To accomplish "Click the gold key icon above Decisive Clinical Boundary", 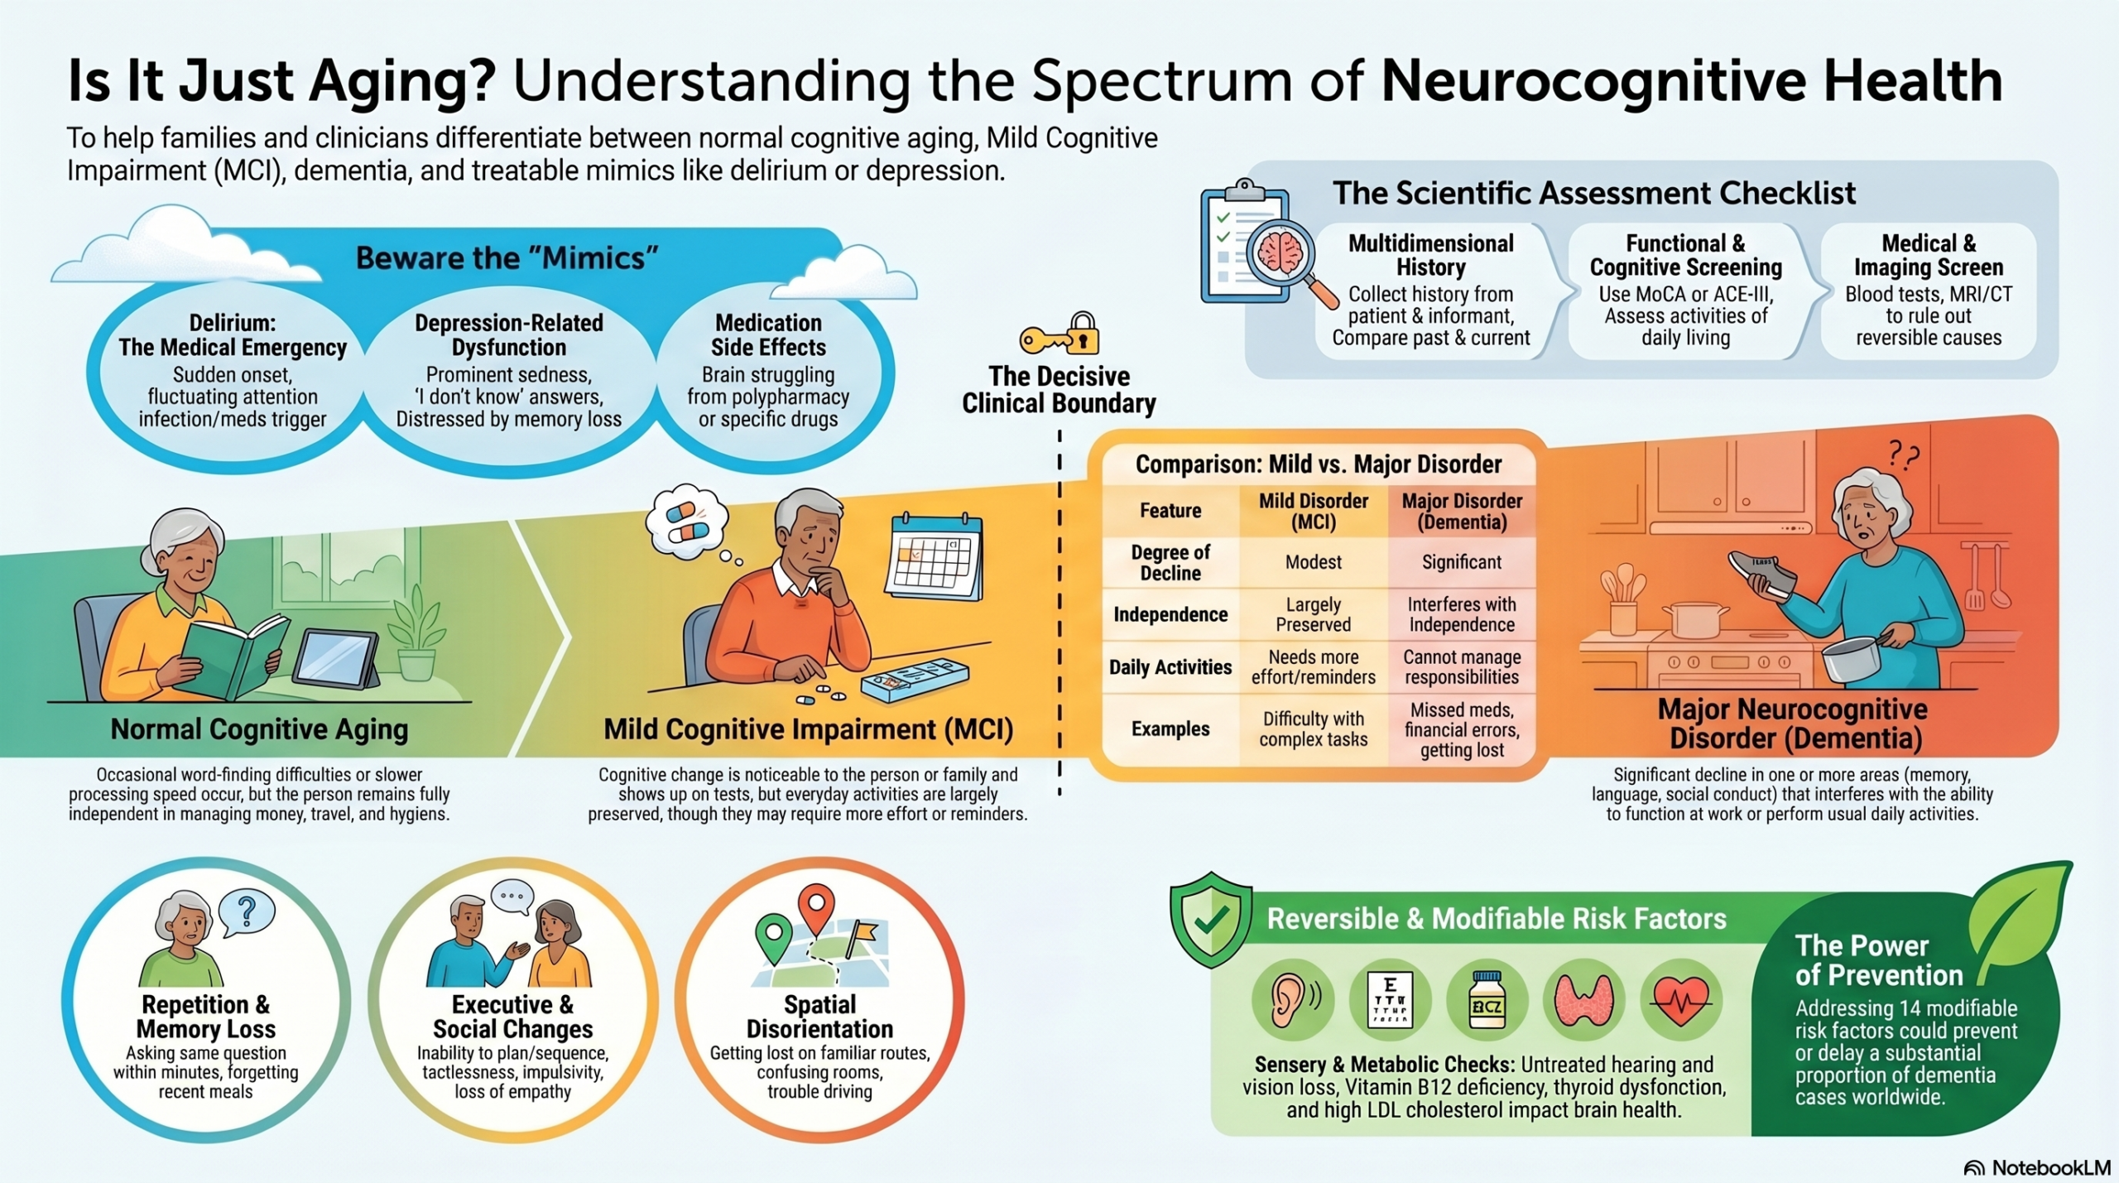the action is pyautogui.click(x=1059, y=334).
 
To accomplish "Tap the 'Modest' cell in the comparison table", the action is pyautogui.click(x=1313, y=562).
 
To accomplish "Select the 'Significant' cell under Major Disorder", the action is pyautogui.click(x=1462, y=562).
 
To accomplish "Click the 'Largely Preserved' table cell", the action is pyautogui.click(x=1313, y=614).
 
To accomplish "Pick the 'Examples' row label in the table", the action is pyautogui.click(x=1170, y=729).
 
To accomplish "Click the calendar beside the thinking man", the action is pyautogui.click(x=934, y=555).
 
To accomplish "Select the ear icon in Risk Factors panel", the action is pyautogui.click(x=1292, y=999).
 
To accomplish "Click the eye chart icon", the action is pyautogui.click(x=1391, y=999).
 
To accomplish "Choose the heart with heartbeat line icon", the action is pyautogui.click(x=1681, y=999).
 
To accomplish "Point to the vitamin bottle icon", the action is pyautogui.click(x=1487, y=999).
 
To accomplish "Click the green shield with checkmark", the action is pyautogui.click(x=1210, y=919).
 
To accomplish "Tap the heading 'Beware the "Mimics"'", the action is pyautogui.click(x=507, y=258).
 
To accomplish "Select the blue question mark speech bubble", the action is pyautogui.click(x=246, y=911).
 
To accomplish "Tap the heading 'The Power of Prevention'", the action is pyautogui.click(x=1879, y=960).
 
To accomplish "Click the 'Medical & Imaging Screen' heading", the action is pyautogui.click(x=1928, y=255).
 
